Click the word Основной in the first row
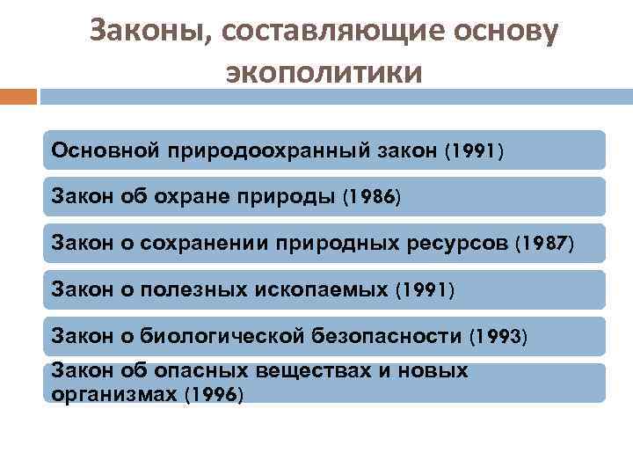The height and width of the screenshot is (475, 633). tap(103, 150)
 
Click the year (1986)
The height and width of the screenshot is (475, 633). tap(369, 196)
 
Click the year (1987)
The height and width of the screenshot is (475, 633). tap(544, 242)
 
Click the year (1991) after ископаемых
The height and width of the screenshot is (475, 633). tap(426, 289)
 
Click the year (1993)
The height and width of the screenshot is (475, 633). tap(498, 335)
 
